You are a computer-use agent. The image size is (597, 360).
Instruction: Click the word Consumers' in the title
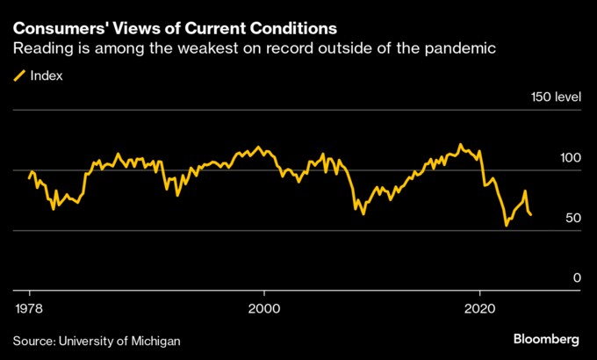(54, 29)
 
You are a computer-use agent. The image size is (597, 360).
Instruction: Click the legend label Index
(47, 76)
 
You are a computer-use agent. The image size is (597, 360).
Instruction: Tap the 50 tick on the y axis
(572, 218)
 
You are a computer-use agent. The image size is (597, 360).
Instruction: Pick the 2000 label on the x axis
(263, 308)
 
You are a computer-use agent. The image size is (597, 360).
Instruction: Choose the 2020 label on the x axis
(479, 308)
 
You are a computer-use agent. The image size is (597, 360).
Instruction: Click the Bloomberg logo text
(545, 339)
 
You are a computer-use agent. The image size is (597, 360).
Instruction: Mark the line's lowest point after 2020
(506, 226)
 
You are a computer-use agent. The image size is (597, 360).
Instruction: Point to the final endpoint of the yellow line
(531, 214)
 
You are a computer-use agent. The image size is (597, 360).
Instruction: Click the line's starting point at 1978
(29, 179)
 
